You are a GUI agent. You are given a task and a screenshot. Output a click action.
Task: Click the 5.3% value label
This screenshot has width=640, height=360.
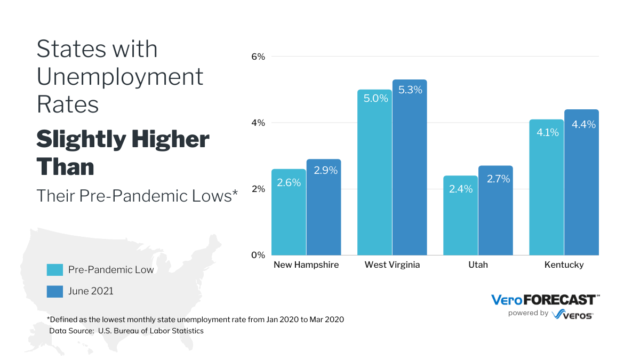click(x=410, y=90)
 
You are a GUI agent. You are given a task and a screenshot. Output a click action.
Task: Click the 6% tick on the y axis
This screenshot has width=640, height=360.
click(x=258, y=57)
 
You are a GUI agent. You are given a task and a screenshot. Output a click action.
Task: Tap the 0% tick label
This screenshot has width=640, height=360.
click(x=258, y=255)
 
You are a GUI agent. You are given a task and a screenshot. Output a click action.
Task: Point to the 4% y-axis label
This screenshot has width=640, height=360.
click(x=258, y=123)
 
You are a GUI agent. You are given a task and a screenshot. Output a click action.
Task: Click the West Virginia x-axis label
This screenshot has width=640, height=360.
click(x=392, y=265)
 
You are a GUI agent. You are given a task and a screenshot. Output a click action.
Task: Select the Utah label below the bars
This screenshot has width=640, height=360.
click(x=478, y=265)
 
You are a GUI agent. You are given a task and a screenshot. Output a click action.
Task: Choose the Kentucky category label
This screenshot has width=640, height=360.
click(x=564, y=265)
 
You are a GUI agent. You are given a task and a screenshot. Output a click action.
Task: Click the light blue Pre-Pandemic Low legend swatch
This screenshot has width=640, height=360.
click(x=55, y=270)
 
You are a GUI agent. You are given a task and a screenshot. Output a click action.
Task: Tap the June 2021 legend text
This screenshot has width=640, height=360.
click(x=91, y=291)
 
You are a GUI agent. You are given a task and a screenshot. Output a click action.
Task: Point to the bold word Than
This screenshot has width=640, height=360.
click(x=65, y=167)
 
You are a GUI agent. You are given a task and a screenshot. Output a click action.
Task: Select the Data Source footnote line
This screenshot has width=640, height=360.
click(x=126, y=331)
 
